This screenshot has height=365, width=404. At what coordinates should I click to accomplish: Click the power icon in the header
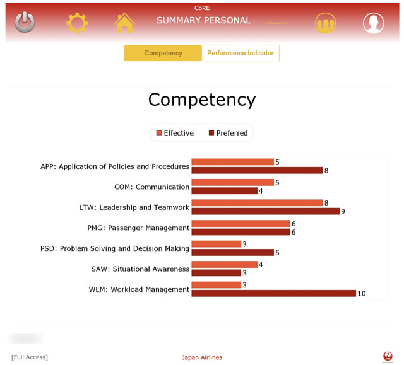(25, 23)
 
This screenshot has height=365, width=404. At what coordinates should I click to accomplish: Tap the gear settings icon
(77, 23)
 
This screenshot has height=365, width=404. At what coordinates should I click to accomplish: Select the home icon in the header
(124, 23)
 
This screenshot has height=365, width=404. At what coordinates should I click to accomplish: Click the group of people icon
(326, 23)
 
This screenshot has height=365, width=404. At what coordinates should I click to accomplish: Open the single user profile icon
(373, 23)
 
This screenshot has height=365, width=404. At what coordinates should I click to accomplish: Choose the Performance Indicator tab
(241, 53)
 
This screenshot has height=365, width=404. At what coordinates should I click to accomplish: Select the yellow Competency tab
(163, 53)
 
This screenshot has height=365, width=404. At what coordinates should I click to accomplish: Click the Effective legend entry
(175, 133)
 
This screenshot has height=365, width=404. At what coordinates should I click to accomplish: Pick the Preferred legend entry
(227, 133)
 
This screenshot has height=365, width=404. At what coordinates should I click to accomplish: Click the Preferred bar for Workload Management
(273, 293)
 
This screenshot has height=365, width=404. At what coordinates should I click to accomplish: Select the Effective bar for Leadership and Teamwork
(257, 203)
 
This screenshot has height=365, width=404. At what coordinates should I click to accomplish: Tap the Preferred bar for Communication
(224, 191)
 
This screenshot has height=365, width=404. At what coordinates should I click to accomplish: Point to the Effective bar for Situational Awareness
(224, 265)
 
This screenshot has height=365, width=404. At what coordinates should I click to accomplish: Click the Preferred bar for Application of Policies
(257, 170)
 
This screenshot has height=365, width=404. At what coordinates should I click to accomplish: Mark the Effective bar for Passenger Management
(241, 224)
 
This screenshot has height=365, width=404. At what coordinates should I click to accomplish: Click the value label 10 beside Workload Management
(362, 294)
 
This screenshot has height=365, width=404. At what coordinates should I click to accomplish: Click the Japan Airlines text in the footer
(202, 357)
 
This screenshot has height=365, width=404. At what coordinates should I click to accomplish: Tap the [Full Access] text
(30, 357)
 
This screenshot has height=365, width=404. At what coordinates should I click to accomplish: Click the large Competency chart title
(202, 100)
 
